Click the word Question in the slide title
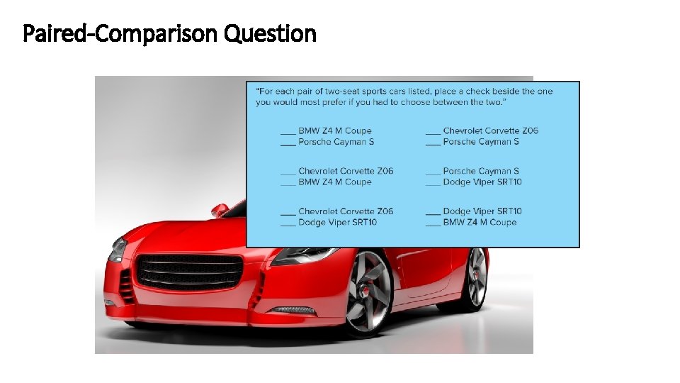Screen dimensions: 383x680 coord(270,33)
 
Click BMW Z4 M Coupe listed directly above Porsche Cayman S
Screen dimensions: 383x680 coord(334,131)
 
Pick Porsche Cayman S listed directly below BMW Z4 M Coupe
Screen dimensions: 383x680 coord(336,142)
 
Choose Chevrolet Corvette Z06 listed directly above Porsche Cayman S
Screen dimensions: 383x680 coord(490,131)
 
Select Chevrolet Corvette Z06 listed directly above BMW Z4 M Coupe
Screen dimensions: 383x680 coord(346,171)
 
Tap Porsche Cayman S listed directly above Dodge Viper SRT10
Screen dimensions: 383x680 coord(481,171)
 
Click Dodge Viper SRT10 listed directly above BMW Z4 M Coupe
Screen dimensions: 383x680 coord(482,211)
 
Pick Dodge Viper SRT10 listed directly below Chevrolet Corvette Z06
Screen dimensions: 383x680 coord(337,223)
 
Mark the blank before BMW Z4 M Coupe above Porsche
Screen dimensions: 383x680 coord(288,132)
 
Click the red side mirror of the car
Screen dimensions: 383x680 coord(220,210)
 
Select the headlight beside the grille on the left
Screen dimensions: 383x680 coord(118,250)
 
